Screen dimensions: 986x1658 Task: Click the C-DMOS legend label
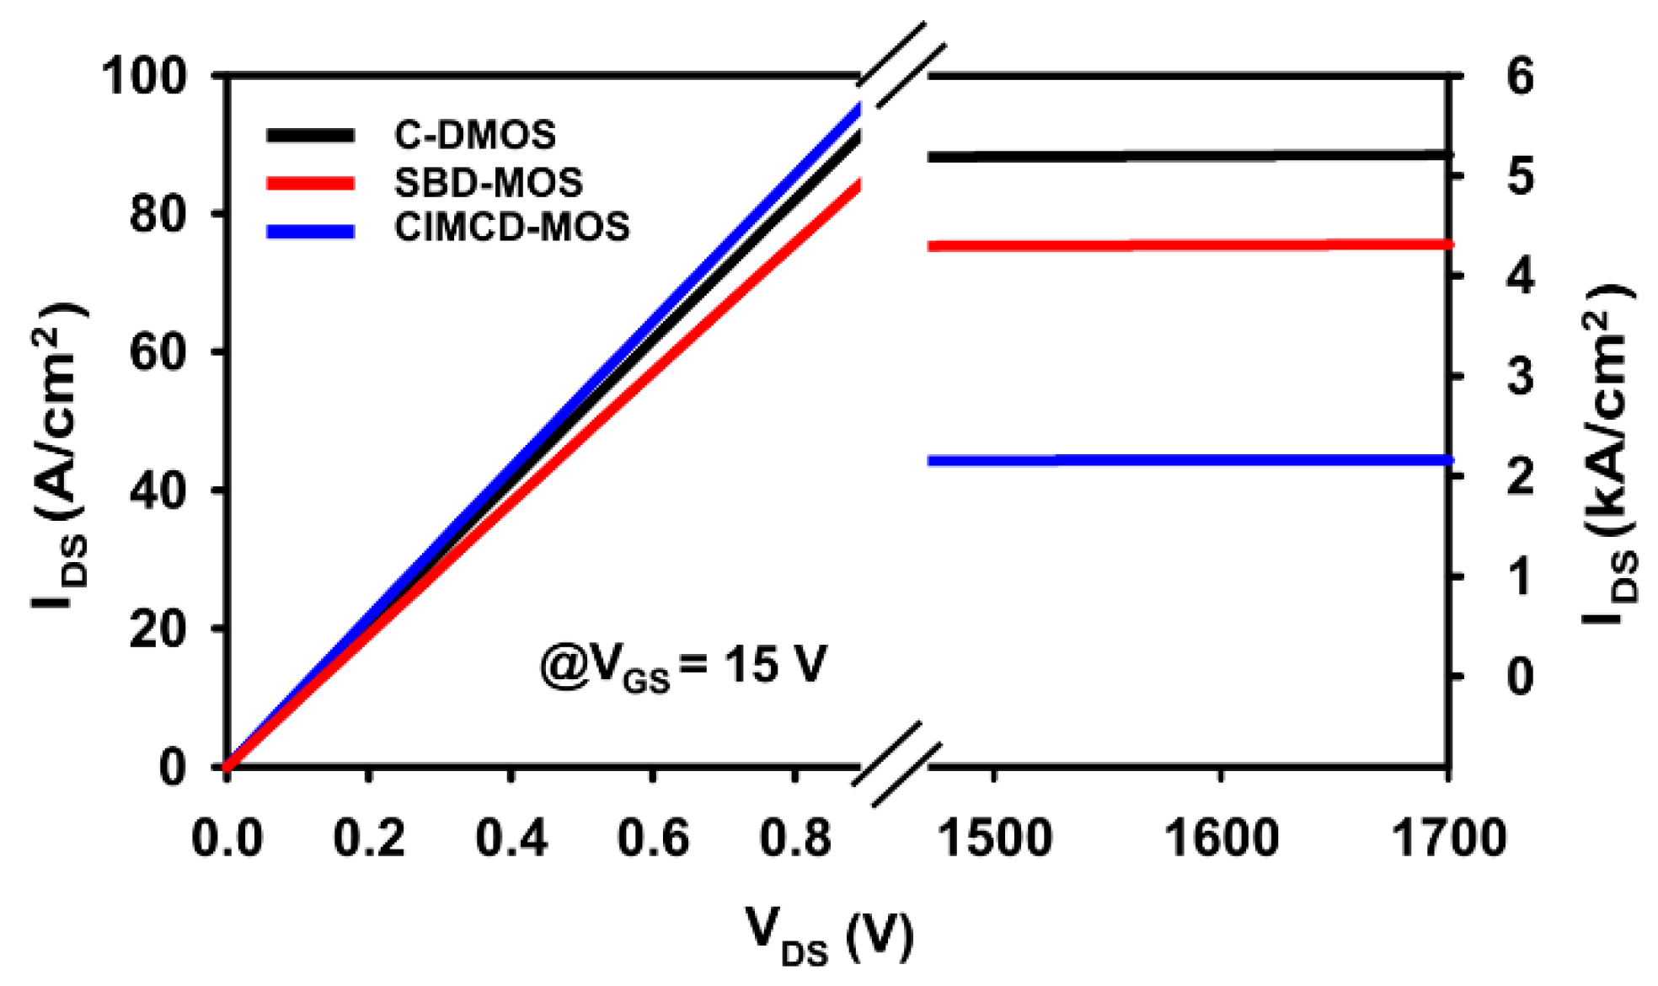click(475, 135)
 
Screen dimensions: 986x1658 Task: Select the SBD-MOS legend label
click(489, 182)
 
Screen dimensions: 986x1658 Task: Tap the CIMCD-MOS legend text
click(511, 228)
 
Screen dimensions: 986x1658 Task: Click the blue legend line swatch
click(310, 230)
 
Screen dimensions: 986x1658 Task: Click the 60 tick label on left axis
click(158, 352)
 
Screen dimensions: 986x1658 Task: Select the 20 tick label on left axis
click(158, 629)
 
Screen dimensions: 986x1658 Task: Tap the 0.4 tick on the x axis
click(511, 839)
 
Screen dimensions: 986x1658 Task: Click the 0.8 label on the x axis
click(795, 839)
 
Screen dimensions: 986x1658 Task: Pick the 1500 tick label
click(994, 839)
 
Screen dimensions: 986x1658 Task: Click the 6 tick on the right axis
click(1520, 77)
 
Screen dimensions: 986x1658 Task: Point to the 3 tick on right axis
click(1520, 377)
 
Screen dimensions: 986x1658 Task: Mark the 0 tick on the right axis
click(1520, 677)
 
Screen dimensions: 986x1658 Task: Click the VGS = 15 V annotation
click(683, 666)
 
